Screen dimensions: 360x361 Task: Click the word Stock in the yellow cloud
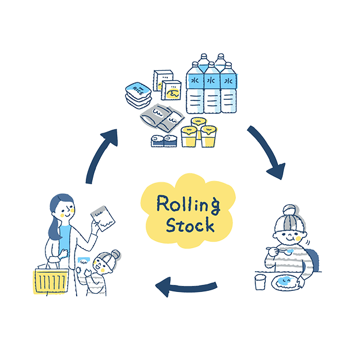190,225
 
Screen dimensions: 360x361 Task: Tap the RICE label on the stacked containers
138,89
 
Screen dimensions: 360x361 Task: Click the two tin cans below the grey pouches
164,140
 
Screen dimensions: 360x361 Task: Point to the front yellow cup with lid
190,136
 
